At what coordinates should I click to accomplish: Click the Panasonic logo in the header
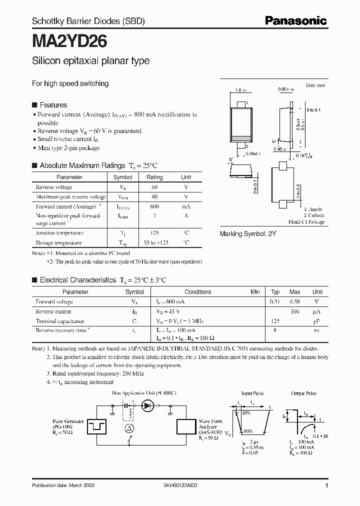[295, 21]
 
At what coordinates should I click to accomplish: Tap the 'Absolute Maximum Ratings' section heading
[82, 165]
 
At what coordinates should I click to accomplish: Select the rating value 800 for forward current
[154, 206]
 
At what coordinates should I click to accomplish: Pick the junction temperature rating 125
[154, 233]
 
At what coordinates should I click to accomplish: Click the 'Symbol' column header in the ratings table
[122, 177]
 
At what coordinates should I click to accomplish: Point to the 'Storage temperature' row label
[59, 242]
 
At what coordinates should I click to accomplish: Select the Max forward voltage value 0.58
[295, 301]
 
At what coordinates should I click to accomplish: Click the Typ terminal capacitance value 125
[275, 321]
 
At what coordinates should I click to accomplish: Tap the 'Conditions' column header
[197, 292]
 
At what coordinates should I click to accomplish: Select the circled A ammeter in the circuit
[128, 427]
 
